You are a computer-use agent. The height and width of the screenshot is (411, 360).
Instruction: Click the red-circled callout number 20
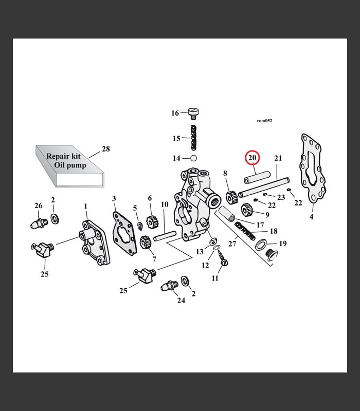point(252,159)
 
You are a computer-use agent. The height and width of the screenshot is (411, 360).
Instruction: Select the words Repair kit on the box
point(63,156)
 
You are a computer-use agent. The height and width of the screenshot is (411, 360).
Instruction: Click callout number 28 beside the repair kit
point(105,149)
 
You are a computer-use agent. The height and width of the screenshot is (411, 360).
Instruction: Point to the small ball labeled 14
point(194,158)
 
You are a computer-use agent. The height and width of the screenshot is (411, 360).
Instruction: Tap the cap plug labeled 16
point(194,113)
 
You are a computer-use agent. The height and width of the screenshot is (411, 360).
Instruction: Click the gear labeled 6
point(151,222)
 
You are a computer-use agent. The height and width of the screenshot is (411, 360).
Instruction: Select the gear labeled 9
point(248,210)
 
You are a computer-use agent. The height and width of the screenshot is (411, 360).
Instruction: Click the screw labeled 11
point(224,263)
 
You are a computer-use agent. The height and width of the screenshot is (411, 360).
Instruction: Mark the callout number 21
point(278,159)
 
